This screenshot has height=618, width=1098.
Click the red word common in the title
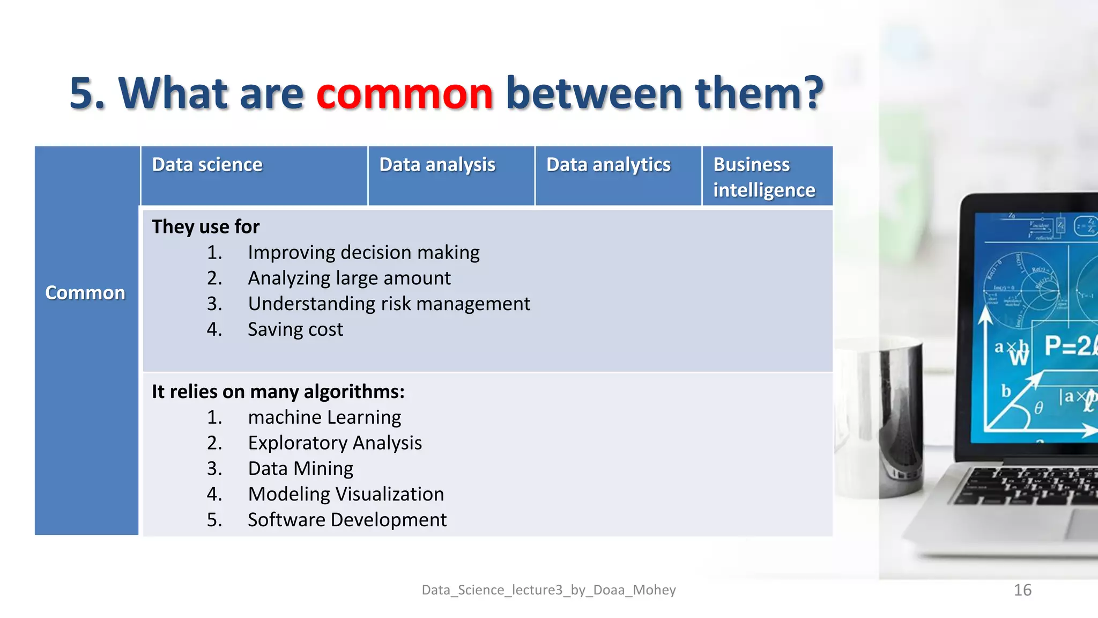(x=404, y=93)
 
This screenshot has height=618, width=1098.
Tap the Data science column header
(x=207, y=165)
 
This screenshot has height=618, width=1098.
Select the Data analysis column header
(x=437, y=165)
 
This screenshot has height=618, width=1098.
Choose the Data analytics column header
(x=608, y=165)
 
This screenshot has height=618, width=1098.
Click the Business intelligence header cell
(x=764, y=177)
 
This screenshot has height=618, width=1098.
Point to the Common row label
(x=85, y=293)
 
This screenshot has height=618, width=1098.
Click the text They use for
(x=205, y=227)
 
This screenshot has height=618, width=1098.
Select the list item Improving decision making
(x=363, y=253)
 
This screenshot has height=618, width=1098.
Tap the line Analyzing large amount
(x=349, y=278)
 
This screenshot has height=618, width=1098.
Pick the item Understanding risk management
(x=389, y=304)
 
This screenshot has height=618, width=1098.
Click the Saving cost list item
(x=295, y=329)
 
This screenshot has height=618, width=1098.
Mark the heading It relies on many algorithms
(x=278, y=392)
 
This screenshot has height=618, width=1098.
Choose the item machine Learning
(x=324, y=417)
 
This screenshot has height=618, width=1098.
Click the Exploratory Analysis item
(x=335, y=443)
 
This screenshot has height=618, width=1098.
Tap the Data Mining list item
(x=300, y=469)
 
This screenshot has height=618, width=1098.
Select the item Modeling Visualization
(x=346, y=494)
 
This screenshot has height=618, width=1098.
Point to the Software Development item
(x=347, y=520)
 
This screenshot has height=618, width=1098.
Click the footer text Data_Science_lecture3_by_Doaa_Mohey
(x=548, y=590)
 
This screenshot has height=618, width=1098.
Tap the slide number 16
(x=1022, y=590)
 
